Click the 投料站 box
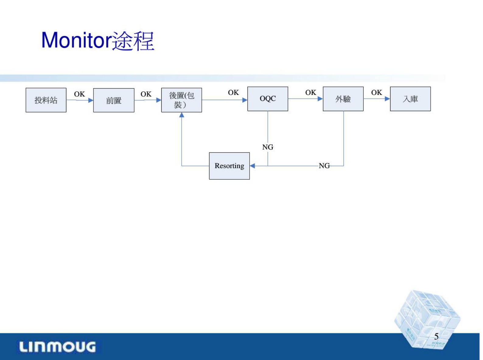46,100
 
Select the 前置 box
114,100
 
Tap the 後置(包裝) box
181,100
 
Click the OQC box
268,99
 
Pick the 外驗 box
343,99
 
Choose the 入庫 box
410,99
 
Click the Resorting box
229,166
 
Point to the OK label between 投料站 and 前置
79,94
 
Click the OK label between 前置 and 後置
146,94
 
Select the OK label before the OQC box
233,92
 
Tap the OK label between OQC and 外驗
311,92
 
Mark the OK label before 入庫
376,92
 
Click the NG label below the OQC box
268,147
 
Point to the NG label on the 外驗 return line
324,166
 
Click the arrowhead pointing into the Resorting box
252,166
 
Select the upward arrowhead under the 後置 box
182,115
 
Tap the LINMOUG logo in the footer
58,347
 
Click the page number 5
436,336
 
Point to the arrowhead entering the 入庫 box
387,99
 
